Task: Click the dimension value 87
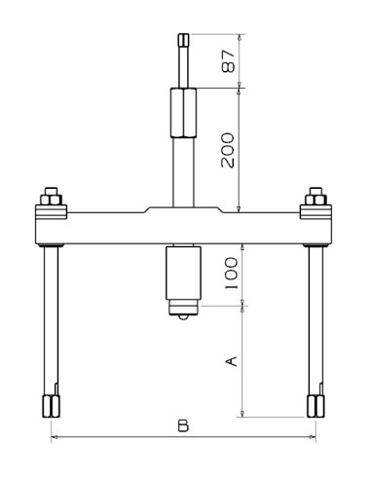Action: pyautogui.click(x=228, y=60)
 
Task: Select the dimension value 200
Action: pyautogui.click(x=228, y=150)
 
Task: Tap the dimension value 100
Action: pyautogui.click(x=232, y=274)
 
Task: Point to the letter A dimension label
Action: pyautogui.click(x=232, y=361)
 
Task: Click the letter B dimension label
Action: pyautogui.click(x=183, y=425)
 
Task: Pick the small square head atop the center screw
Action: pyautogui.click(x=184, y=40)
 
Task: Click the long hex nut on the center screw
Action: pyautogui.click(x=183, y=113)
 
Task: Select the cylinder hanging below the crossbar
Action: pyautogui.click(x=183, y=273)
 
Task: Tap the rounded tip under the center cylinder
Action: pyautogui.click(x=183, y=317)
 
